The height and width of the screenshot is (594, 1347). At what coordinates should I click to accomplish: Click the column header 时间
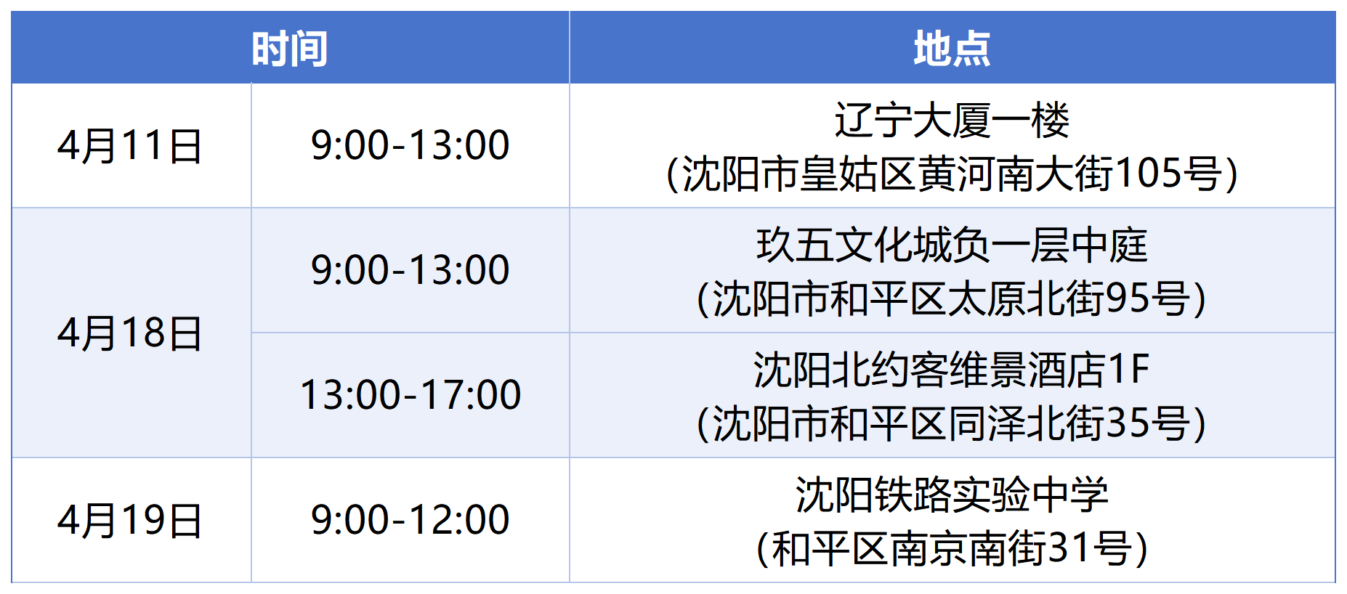pos(290,49)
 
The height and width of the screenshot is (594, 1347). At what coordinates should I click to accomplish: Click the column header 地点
pos(952,49)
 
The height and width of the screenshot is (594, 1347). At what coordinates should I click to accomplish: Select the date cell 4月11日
pos(130,145)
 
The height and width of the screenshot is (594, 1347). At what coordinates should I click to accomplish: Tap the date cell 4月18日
pos(130,333)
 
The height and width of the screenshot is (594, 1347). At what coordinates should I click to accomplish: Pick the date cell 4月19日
pos(130,520)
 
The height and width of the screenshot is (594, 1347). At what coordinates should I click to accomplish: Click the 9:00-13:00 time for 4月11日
pos(410,145)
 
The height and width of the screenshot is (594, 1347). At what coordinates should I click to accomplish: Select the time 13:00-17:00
pos(410,395)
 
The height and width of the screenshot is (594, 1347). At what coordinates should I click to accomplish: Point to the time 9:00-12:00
pos(410,520)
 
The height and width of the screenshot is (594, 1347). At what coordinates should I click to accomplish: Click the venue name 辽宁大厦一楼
pos(952,120)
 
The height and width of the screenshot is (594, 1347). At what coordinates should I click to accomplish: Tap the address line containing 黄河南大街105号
pos(952,174)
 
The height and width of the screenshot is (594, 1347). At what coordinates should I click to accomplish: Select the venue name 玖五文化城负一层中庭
pos(952,245)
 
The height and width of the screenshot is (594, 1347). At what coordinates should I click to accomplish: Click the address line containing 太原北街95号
pos(952,299)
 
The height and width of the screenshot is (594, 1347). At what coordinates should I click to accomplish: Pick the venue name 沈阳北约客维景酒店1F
pos(952,370)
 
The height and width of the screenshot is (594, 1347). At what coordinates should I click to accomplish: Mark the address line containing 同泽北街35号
pos(952,424)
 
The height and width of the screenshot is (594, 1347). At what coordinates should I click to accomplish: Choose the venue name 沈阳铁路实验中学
pos(952,495)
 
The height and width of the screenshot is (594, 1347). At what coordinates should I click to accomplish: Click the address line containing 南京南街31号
pos(952,549)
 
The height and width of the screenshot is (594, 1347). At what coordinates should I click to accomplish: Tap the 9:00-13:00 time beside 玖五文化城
pos(410,270)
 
